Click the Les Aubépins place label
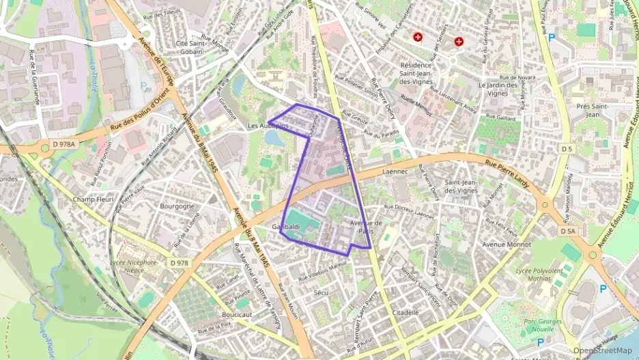pyautogui.click(x=263, y=126)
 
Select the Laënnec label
pyautogui.click(x=395, y=173)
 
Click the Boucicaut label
pyautogui.click(x=238, y=314)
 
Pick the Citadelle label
pyautogui.click(x=406, y=312)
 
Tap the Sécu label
pyautogui.click(x=321, y=292)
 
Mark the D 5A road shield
pyautogui.click(x=568, y=232)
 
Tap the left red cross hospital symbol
pyautogui.click(x=418, y=36)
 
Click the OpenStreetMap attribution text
pyautogui.click(x=602, y=350)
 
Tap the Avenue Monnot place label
pyautogui.click(x=507, y=245)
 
